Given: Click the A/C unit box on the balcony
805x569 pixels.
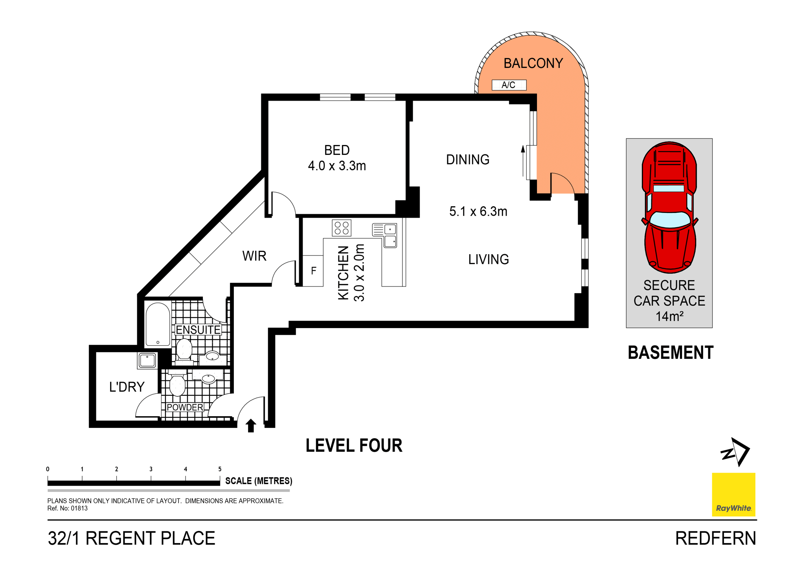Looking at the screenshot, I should pyautogui.click(x=509, y=85).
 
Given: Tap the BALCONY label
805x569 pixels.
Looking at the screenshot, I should pyautogui.click(x=533, y=63).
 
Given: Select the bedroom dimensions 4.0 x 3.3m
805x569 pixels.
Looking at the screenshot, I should pyautogui.click(x=337, y=166).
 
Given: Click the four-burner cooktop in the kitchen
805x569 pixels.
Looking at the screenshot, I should pyautogui.click(x=341, y=228).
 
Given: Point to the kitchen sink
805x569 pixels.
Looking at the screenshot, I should pyautogui.click(x=386, y=235).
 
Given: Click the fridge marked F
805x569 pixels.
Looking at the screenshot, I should pyautogui.click(x=313, y=271).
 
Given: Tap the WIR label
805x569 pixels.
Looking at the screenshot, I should pyautogui.click(x=254, y=256).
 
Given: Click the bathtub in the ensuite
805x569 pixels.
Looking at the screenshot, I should pyautogui.click(x=158, y=324).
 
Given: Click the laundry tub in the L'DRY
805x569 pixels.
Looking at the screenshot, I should pyautogui.click(x=147, y=360).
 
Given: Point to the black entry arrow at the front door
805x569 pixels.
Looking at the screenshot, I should pyautogui.click(x=251, y=426).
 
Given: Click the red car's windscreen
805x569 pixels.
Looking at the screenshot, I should pyautogui.click(x=669, y=219).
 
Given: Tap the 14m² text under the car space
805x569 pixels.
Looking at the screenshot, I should pyautogui.click(x=669, y=316).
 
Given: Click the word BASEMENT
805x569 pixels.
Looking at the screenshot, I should pyautogui.click(x=670, y=352).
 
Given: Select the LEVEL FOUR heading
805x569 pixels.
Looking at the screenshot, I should pyautogui.click(x=354, y=446).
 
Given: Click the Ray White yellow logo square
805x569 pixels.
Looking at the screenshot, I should pyautogui.click(x=733, y=494).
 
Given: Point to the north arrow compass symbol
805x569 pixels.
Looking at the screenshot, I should pyautogui.click(x=735, y=452).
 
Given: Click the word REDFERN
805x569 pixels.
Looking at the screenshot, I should pyautogui.click(x=715, y=538).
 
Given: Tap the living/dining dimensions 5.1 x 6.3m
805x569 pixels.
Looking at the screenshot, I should pyautogui.click(x=478, y=211).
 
